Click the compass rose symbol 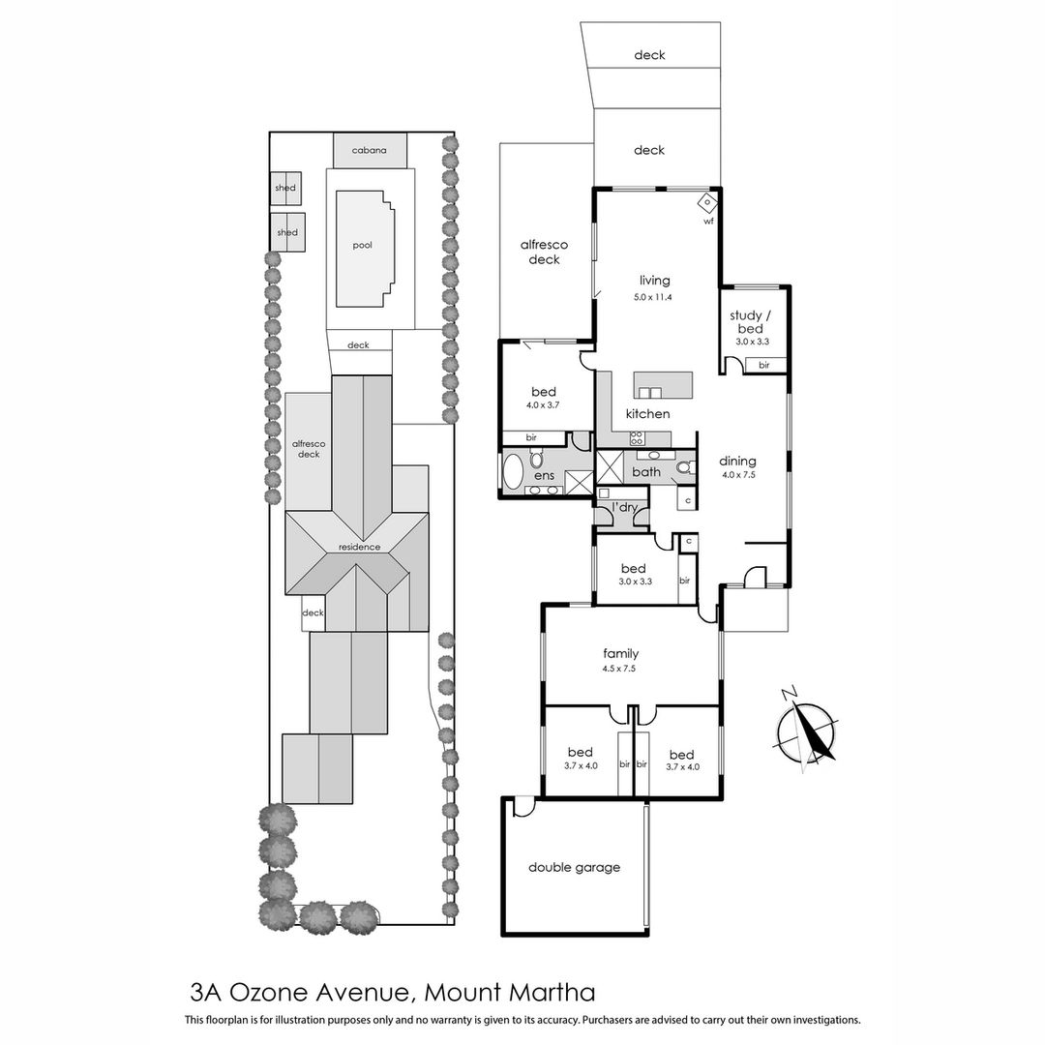tap(806, 731)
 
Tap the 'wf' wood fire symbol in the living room tap(707, 201)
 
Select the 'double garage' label tap(575, 867)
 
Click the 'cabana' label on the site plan tap(370, 150)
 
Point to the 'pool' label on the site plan tap(363, 245)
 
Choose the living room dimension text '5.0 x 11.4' tap(653, 297)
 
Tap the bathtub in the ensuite tap(514, 471)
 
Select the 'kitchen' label tap(647, 414)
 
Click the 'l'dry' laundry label tap(624, 508)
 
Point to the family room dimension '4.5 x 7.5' tap(620, 669)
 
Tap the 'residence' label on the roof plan tap(359, 547)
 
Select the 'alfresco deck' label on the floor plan tap(545, 253)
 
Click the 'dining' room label tap(737, 462)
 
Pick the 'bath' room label tap(646, 472)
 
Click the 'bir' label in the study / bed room tap(764, 365)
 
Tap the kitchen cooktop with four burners tap(637, 438)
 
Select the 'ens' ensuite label tap(545, 476)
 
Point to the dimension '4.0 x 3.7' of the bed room tap(543, 405)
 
